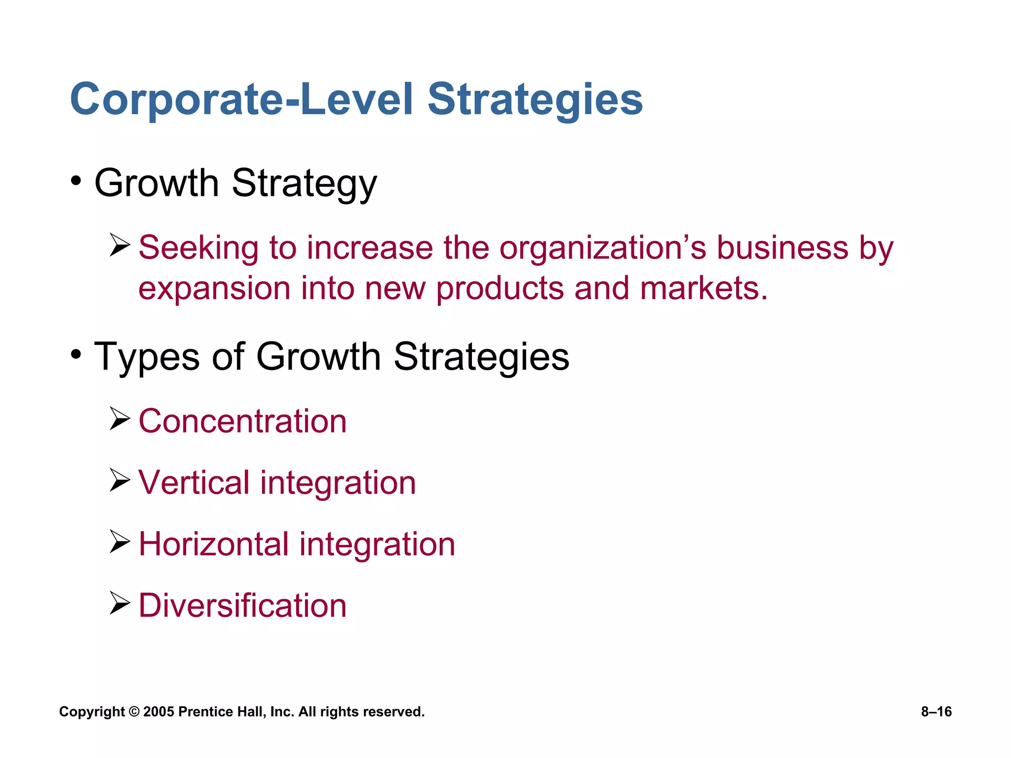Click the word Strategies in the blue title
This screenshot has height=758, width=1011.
pyautogui.click(x=535, y=100)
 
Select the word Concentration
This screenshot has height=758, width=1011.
pyautogui.click(x=242, y=421)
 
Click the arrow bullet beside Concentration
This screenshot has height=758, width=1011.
pyautogui.click(x=119, y=419)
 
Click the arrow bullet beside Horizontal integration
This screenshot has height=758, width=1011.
pyautogui.click(x=119, y=542)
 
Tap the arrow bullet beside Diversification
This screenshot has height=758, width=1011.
pyautogui.click(x=119, y=603)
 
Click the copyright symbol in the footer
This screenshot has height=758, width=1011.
pyautogui.click(x=134, y=712)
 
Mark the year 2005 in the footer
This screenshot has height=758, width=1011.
pyautogui.click(x=158, y=712)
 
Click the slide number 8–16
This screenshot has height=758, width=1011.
pyautogui.click(x=936, y=712)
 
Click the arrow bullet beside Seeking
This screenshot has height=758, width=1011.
pyautogui.click(x=119, y=245)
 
